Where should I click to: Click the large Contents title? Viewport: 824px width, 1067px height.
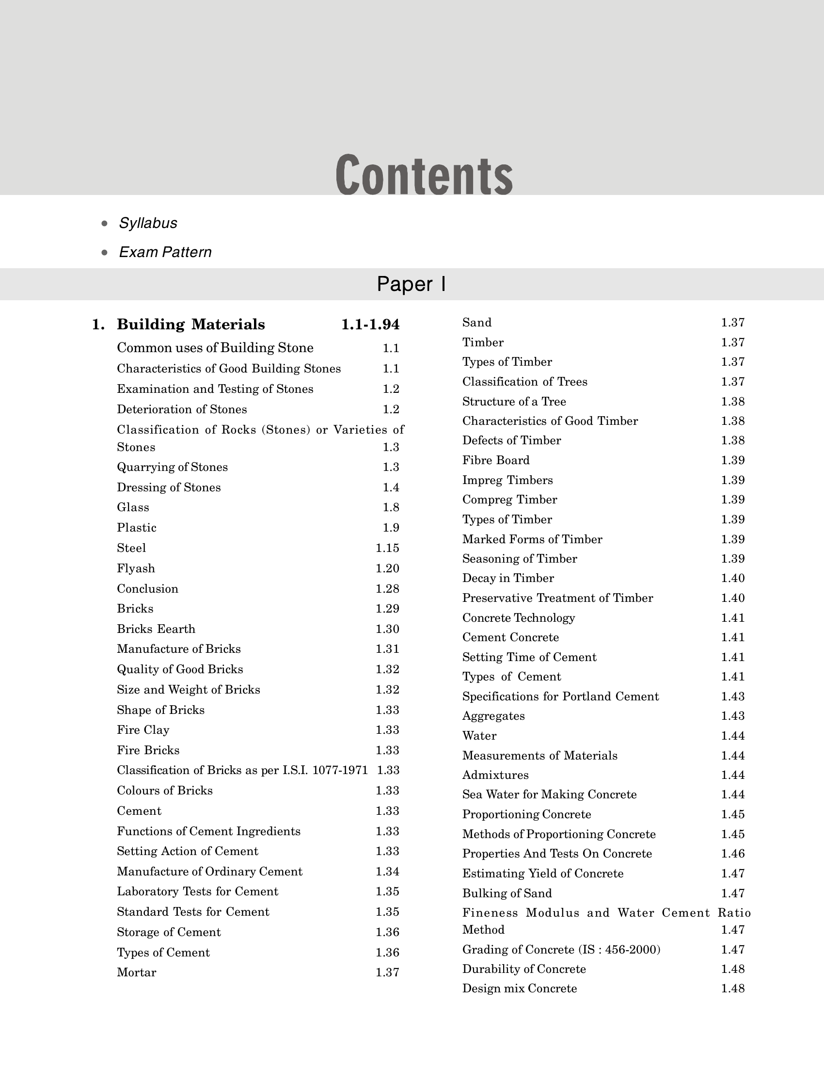[424, 175]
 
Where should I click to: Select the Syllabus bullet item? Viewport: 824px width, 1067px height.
[148, 223]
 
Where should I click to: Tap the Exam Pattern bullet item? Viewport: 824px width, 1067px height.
[165, 252]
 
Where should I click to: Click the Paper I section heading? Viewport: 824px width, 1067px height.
[411, 284]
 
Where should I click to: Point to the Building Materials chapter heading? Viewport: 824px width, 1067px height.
[191, 324]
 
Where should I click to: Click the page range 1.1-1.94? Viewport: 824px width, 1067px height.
[370, 324]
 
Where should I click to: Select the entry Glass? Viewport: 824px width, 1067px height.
[133, 507]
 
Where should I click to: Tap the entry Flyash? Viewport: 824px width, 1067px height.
[136, 568]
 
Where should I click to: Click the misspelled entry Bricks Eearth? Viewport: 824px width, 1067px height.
[156, 629]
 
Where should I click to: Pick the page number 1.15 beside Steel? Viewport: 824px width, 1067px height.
[388, 548]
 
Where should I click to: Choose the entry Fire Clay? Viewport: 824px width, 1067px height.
[143, 730]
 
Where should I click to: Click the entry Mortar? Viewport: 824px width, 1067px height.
[137, 972]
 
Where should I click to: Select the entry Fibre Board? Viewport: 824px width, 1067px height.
[495, 460]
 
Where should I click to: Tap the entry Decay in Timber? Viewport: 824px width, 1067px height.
[507, 578]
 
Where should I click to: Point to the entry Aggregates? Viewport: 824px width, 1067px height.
[493, 716]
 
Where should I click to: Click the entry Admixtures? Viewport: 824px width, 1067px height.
[495, 775]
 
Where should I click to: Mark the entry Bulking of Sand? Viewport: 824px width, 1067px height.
[507, 893]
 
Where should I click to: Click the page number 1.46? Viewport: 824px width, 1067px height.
[733, 854]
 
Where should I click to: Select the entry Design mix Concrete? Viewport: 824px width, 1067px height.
[520, 988]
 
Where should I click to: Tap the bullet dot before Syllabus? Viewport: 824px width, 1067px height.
[104, 224]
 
